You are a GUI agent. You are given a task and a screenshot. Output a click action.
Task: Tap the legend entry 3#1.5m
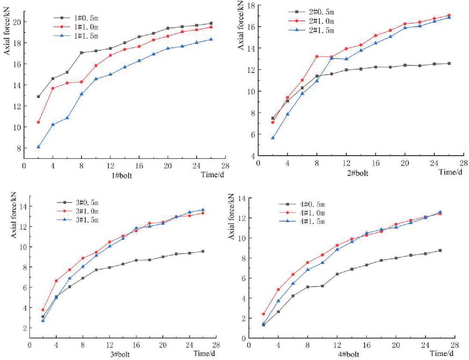pyautogui.click(x=86, y=220)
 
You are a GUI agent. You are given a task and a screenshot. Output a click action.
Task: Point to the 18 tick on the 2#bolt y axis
pyautogui.click(x=251, y=6)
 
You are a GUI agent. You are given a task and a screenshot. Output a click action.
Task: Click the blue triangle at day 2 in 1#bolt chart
pyautogui.click(x=38, y=147)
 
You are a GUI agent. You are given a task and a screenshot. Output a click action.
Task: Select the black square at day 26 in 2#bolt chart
pyautogui.click(x=449, y=63)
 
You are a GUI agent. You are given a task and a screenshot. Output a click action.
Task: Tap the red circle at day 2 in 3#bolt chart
pyautogui.click(x=43, y=310)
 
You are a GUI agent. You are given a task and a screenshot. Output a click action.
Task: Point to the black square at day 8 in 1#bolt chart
pyautogui.click(x=82, y=52)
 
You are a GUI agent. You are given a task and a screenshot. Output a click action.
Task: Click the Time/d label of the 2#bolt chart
pyautogui.click(x=449, y=172)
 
